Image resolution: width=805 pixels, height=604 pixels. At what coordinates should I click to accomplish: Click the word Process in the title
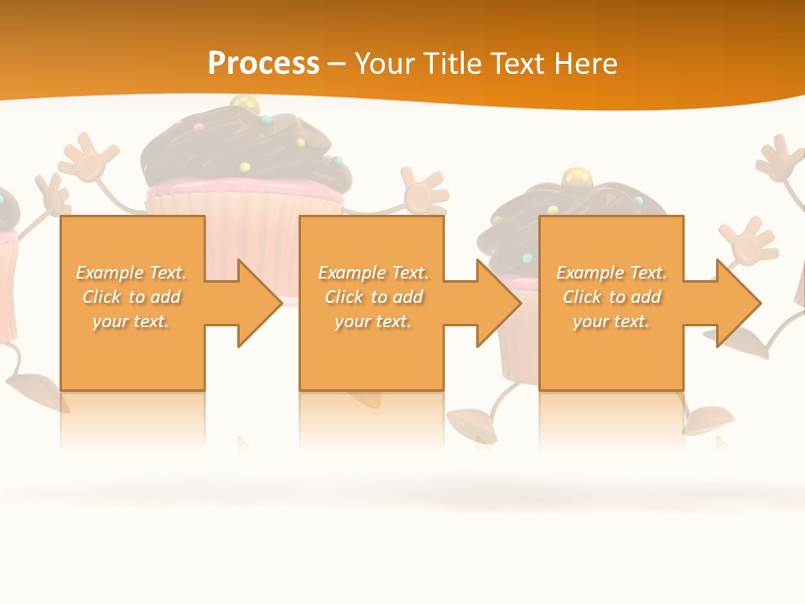point(263,63)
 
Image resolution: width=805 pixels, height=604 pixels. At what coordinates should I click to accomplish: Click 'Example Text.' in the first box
point(131,273)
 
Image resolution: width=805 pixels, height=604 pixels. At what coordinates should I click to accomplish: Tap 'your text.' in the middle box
point(372,321)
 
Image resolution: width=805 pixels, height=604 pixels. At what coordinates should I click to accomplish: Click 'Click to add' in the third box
point(612,297)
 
